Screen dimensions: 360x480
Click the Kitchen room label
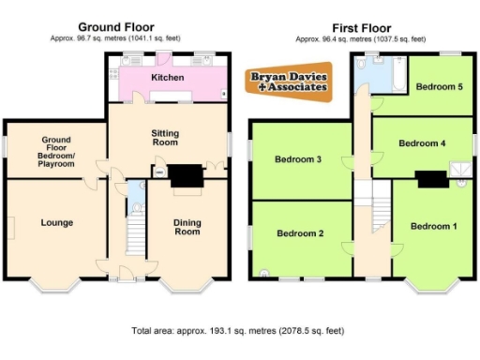pos(168,77)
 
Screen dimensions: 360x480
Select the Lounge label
pos(56,222)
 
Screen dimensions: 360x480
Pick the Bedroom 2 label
pos(299,233)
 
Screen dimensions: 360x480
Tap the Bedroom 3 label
pos(298,159)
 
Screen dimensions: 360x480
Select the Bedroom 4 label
pos(422,143)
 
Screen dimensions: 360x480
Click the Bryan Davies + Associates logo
pos(288,82)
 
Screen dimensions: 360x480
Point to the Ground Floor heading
pos(115,27)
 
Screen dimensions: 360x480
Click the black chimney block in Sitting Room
pos(184,175)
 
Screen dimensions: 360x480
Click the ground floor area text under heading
pos(115,38)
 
